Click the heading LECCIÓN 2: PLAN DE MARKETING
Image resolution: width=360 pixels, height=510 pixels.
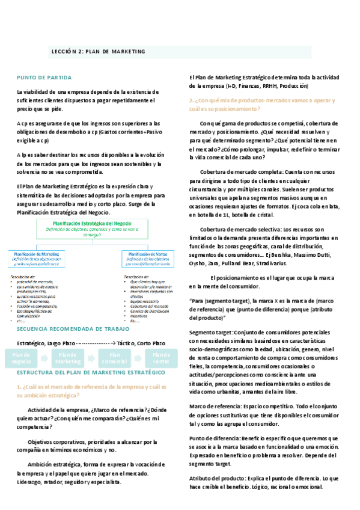[98, 52]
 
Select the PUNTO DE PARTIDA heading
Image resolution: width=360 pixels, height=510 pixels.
[44, 78]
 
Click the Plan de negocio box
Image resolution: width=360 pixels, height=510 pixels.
[22, 358]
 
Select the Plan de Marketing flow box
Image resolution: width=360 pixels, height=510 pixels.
[68, 358]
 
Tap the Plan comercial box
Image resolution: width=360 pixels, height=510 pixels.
[114, 358]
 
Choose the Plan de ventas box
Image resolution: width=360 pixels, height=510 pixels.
[160, 358]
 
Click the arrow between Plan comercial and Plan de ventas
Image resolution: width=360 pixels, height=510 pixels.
[138, 358]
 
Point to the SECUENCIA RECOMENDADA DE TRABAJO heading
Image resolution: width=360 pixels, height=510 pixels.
[73, 329]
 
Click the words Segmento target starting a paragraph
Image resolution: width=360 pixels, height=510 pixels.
[210, 333]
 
